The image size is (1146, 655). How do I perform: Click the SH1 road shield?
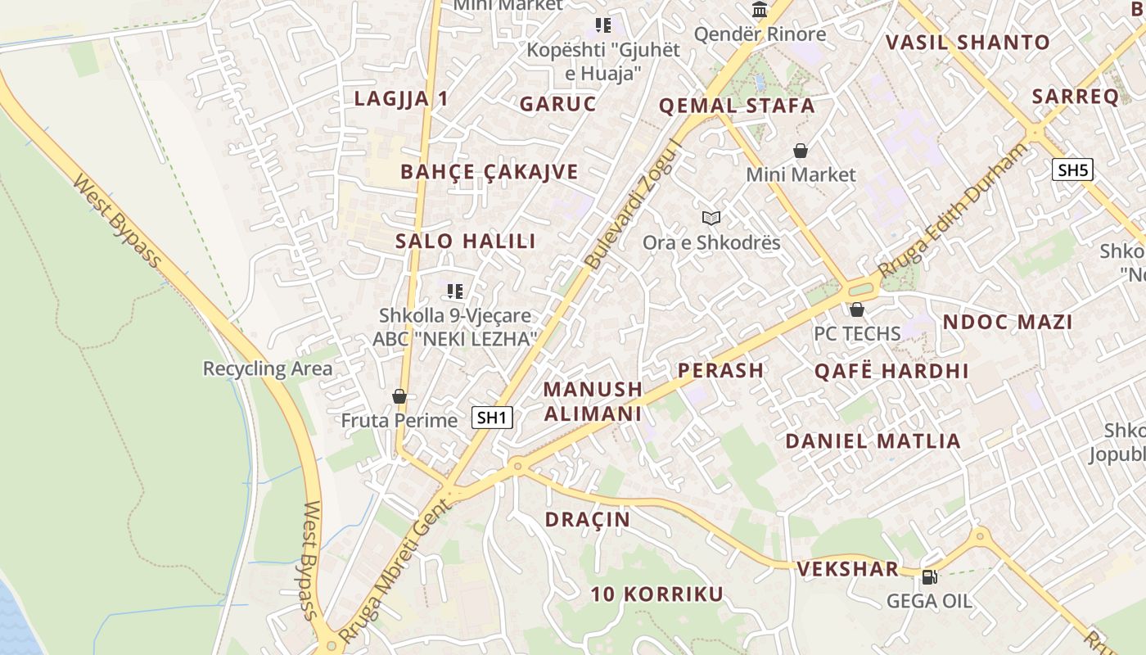pyautogui.click(x=493, y=418)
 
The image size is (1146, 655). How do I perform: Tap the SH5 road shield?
pyautogui.click(x=1072, y=170)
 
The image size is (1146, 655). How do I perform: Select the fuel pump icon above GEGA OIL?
pyautogui.click(x=929, y=577)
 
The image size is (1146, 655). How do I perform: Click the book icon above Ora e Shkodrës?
pyautogui.click(x=711, y=218)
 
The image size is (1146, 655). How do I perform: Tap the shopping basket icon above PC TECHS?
pyautogui.click(x=857, y=309)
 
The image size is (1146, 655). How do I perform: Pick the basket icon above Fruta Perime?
pyautogui.click(x=399, y=396)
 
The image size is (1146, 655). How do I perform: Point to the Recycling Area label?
pyautogui.click(x=268, y=368)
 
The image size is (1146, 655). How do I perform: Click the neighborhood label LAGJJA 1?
pyautogui.click(x=401, y=99)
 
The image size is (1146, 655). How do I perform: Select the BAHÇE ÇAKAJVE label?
pyautogui.click(x=490, y=172)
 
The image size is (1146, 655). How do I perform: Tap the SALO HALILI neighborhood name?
pyautogui.click(x=466, y=242)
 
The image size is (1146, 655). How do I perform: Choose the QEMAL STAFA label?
pyautogui.click(x=737, y=106)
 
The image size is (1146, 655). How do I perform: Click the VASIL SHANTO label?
pyautogui.click(x=968, y=43)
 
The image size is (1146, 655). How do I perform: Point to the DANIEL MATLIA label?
pyautogui.click(x=873, y=441)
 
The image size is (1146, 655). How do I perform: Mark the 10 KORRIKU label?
pyautogui.click(x=657, y=594)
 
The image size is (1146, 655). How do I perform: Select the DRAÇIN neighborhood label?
pyautogui.click(x=588, y=520)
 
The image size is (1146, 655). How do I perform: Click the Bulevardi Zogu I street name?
pyautogui.click(x=634, y=205)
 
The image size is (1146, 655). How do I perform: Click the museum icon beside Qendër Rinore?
pyautogui.click(x=760, y=10)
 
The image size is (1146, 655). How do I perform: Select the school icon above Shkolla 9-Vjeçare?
pyautogui.click(x=455, y=291)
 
